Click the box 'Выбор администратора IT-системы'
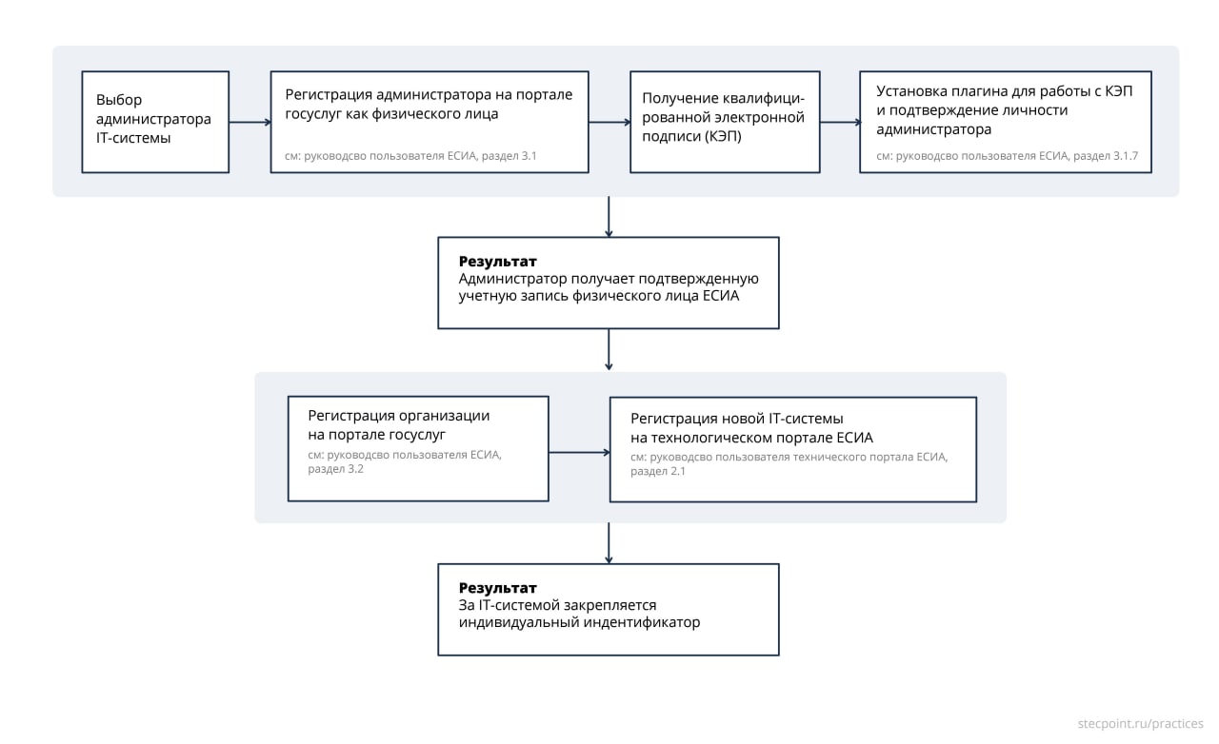click(155, 122)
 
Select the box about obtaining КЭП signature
click(725, 122)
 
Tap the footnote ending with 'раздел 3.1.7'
click(1007, 156)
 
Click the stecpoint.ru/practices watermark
click(1140, 724)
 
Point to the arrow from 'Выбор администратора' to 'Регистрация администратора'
click(250, 123)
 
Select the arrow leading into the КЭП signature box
click(609, 123)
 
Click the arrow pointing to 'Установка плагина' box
click(840, 123)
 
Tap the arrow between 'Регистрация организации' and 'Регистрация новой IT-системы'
click(579, 453)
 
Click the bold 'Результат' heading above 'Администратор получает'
click(497, 262)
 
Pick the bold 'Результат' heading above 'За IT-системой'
click(497, 588)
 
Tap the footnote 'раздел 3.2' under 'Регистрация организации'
click(336, 469)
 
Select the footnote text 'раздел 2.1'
click(658, 471)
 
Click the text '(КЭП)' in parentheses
click(723, 136)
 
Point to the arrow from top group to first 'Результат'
click(609, 217)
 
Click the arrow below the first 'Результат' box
click(609, 350)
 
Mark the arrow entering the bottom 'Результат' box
click(609, 543)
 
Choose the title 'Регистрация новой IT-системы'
click(737, 419)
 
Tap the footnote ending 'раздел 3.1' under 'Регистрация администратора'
click(410, 156)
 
